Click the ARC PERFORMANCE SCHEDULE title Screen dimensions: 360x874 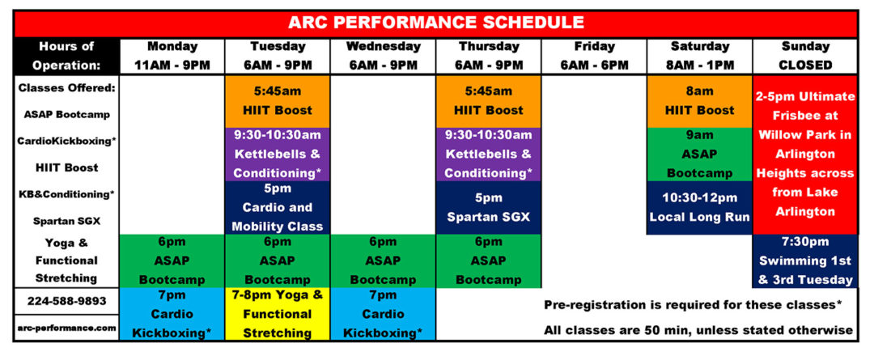pyautogui.click(x=437, y=23)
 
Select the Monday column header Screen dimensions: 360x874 pyautogui.click(x=172, y=55)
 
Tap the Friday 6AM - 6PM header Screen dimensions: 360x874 pyautogui.click(x=594, y=55)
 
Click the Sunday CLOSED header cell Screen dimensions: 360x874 pyautogui.click(x=805, y=55)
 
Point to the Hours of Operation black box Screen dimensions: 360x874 pyautogui.click(x=66, y=55)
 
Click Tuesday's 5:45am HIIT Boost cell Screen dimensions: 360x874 pyautogui.click(x=278, y=100)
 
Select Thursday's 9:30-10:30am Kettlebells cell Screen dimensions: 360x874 pyautogui.click(x=488, y=154)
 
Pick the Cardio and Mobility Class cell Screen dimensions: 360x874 pyautogui.click(x=278, y=207)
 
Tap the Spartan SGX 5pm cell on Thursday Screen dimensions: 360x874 pyautogui.click(x=488, y=207)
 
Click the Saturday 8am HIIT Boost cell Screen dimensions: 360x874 pyautogui.click(x=699, y=100)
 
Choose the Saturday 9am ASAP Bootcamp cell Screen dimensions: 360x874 pyautogui.click(x=699, y=154)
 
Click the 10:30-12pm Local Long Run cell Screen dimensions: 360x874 pyautogui.click(x=699, y=207)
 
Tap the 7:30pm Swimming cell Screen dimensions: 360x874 pyautogui.click(x=805, y=260)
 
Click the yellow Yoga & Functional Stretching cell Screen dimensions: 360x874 pyautogui.click(x=278, y=314)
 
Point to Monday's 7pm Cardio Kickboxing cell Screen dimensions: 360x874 pyautogui.click(x=172, y=314)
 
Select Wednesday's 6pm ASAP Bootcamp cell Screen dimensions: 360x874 pyautogui.click(x=383, y=260)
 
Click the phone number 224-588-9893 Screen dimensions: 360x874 pyautogui.click(x=66, y=300)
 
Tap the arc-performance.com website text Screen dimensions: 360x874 pyautogui.click(x=66, y=328)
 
